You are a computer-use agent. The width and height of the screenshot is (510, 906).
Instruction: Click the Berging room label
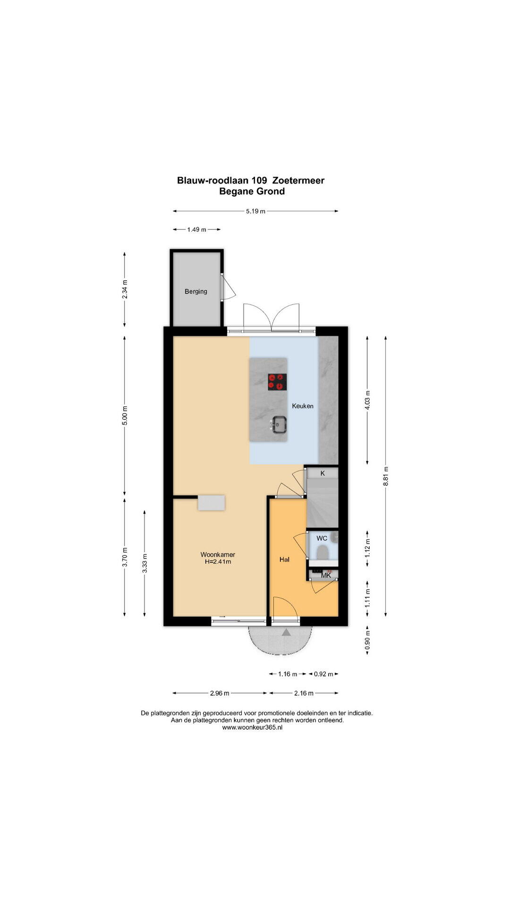point(196,292)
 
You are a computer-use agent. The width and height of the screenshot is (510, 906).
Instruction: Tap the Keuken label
point(303,406)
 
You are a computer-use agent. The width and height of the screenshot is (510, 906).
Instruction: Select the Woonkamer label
point(218,554)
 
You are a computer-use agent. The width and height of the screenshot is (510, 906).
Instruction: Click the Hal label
point(284,560)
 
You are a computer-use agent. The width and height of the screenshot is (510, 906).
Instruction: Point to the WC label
point(322,538)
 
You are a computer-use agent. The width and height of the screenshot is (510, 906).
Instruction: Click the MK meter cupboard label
point(326,575)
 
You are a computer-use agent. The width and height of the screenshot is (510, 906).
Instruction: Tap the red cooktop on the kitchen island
point(277,382)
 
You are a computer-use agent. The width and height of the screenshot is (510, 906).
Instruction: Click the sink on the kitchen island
point(279,424)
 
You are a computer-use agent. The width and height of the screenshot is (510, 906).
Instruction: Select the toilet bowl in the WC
point(323,553)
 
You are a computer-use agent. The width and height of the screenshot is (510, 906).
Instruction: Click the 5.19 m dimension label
point(255,211)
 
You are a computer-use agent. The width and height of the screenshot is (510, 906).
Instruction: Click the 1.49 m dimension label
point(196,230)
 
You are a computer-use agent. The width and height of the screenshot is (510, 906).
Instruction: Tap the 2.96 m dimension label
point(220,693)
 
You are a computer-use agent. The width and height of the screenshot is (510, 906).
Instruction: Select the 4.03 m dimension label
point(367,400)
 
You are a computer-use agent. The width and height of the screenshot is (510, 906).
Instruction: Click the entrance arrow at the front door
point(286,632)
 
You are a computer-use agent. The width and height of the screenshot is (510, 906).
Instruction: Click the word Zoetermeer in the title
point(298,180)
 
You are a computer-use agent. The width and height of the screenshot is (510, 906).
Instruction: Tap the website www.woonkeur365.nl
point(252,728)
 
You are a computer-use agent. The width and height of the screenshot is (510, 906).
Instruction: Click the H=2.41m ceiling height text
point(218,562)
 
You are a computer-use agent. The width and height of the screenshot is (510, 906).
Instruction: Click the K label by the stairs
point(323,473)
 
